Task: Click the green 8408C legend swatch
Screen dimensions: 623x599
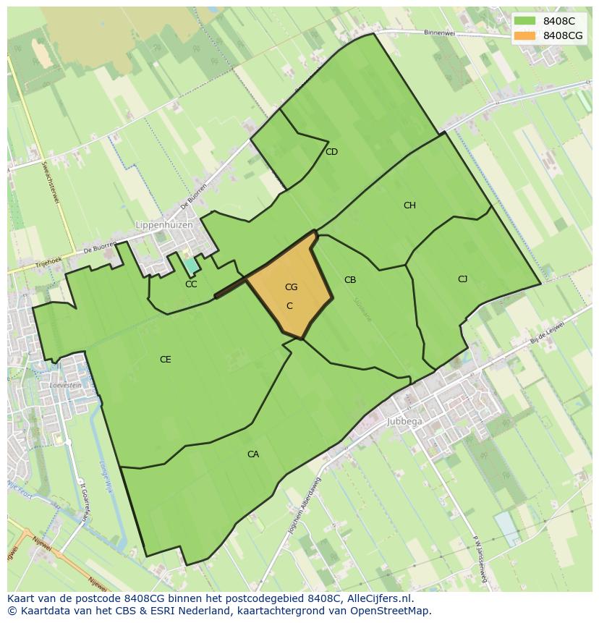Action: coord(525,21)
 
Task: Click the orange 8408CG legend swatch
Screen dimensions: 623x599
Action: coord(525,35)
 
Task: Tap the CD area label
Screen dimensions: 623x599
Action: coord(331,152)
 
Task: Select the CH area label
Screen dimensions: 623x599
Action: coord(409,205)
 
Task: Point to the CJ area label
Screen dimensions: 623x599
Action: coord(462,279)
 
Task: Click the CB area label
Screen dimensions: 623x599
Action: coord(350,280)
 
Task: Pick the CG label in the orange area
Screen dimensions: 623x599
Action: coord(291,287)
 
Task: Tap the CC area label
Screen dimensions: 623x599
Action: coord(191,284)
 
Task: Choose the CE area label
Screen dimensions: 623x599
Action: coord(165,360)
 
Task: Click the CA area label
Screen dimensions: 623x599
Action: coord(253,454)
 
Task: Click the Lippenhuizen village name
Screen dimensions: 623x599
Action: coord(164,225)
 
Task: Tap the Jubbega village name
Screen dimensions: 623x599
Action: coord(404,420)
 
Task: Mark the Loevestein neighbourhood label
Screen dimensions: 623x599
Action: coord(65,385)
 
